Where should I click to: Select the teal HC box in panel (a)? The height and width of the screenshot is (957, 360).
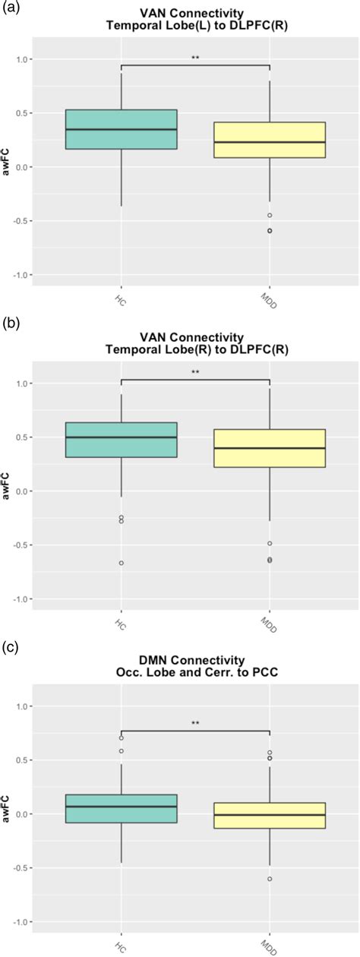(x=122, y=129)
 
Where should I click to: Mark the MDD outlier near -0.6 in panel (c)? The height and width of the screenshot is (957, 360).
(x=270, y=879)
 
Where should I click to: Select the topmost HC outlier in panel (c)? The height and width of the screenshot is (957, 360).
(x=122, y=737)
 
